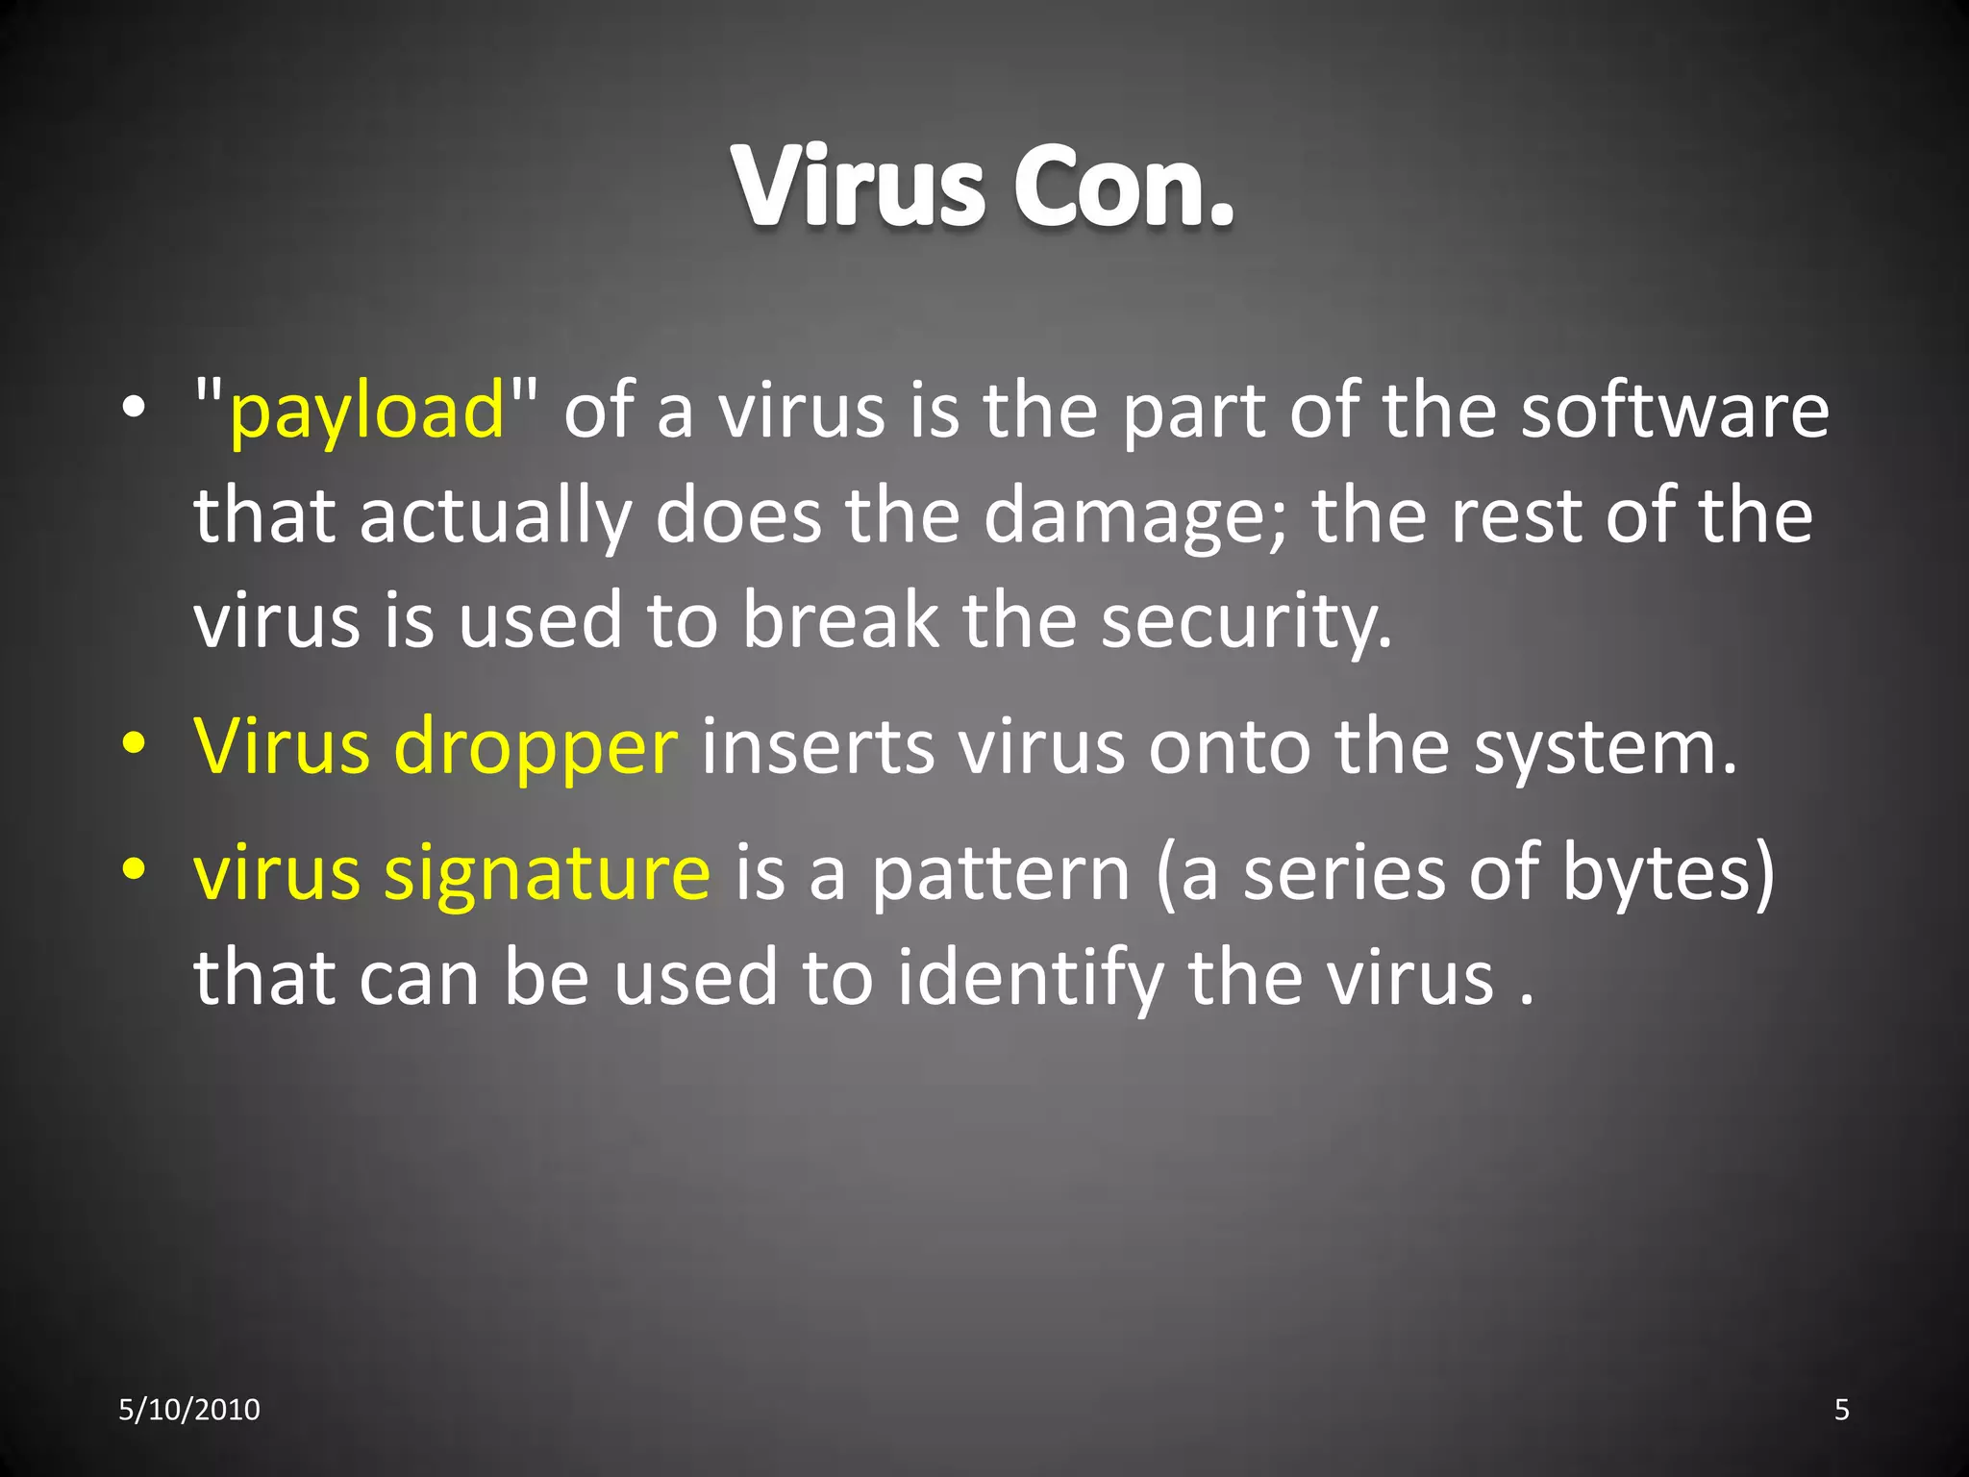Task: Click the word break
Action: pos(839,621)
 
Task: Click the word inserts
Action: pos(817,748)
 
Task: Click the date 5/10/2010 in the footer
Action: pos(189,1410)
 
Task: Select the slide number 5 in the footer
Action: pos(1841,1410)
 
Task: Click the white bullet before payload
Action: pos(135,408)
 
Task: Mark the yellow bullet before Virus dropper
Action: pos(135,743)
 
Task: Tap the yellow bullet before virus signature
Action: pos(135,869)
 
